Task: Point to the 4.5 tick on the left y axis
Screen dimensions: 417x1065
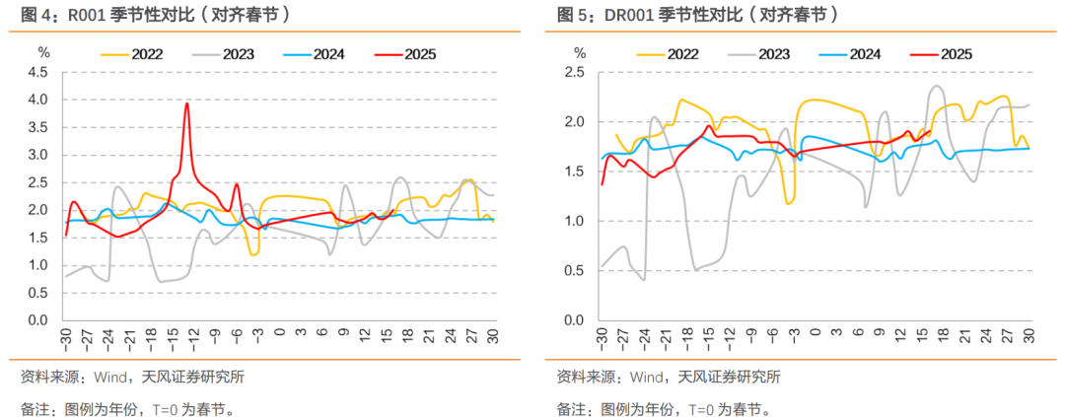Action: coord(37,73)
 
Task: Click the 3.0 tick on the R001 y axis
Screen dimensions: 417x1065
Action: coord(37,156)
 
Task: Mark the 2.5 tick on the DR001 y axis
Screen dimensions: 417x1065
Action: coord(575,73)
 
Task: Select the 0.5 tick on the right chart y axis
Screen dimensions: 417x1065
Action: coord(575,271)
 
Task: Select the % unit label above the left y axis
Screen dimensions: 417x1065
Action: coord(42,50)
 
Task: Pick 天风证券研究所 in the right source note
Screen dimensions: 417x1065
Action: coord(730,376)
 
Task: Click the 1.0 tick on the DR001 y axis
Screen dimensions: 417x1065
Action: coord(575,222)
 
